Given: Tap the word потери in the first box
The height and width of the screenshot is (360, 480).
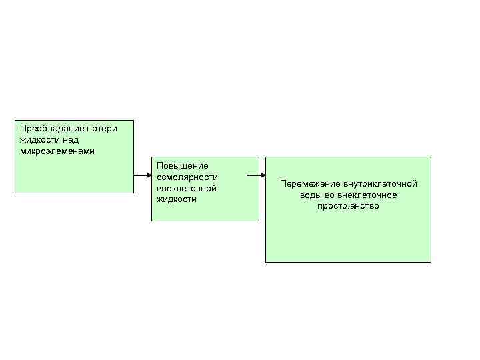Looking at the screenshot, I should (98, 127).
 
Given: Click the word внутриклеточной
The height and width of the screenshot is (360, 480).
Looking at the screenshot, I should (380, 183).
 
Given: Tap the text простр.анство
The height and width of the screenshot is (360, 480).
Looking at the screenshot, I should (348, 206).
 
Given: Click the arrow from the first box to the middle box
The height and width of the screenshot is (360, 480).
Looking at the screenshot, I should (142, 176).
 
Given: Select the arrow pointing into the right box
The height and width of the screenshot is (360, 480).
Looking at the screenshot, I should (255, 177).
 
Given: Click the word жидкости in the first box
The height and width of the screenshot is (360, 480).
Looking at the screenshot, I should (39, 139).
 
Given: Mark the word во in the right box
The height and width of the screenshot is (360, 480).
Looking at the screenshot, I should (331, 195).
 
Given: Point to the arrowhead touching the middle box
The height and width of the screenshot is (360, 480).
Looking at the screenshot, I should (149, 176).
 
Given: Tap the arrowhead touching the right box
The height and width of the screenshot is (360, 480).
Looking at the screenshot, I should (262, 177).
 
